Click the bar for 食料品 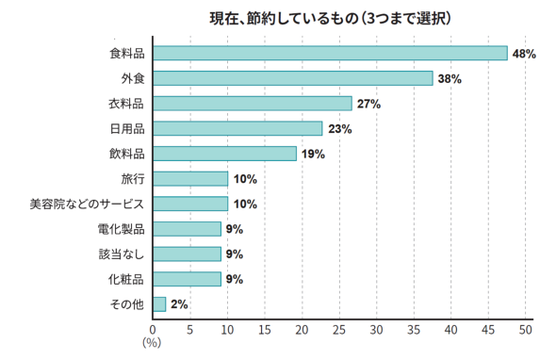(330, 54)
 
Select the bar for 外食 (292, 78)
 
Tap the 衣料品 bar (252, 104)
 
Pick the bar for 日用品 (237, 128)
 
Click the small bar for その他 (159, 304)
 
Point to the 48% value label (524, 54)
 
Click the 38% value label (449, 79)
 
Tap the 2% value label (180, 304)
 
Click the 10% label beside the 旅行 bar (245, 179)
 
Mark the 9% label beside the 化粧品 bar (235, 279)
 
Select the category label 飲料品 (126, 154)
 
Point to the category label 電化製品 (121, 229)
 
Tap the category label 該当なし (121, 254)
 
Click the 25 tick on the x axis (339, 330)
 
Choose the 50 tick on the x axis (526, 330)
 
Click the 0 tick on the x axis (153, 330)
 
